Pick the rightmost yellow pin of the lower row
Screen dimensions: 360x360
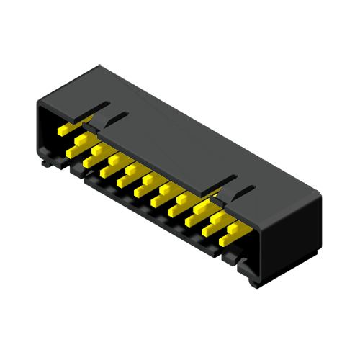pos(235,233)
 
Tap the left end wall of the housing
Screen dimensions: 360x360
pos(40,130)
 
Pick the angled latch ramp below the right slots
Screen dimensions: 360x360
pos(216,193)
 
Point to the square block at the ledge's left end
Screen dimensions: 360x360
pos(76,171)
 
